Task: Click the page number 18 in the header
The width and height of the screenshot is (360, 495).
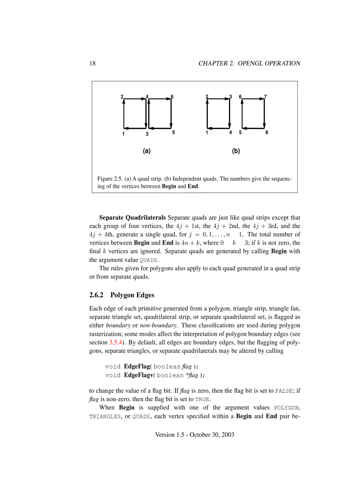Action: [x=93, y=63]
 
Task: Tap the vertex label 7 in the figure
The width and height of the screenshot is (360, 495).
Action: [x=265, y=97]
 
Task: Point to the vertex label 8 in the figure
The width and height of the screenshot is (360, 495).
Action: [x=266, y=132]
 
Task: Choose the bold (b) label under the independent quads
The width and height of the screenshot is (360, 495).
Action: [x=236, y=151]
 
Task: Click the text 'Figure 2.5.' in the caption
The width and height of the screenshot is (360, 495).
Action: [x=110, y=179]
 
